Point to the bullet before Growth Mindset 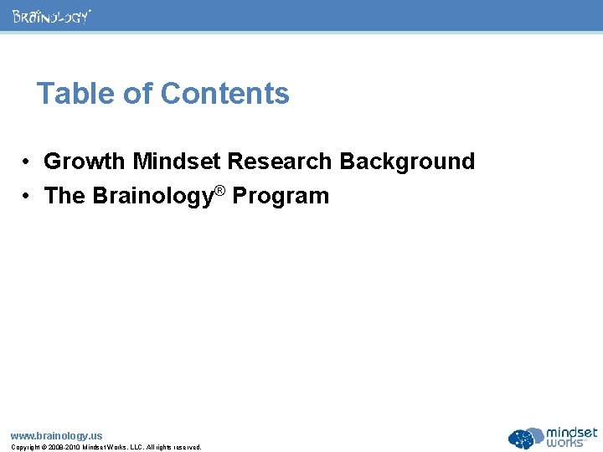[x=28, y=162]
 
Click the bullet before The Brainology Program [x=28, y=197]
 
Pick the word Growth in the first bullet [x=85, y=161]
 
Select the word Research [x=283, y=161]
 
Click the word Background [x=407, y=161]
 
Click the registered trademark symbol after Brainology [x=219, y=191]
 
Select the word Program [x=281, y=197]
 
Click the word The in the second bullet [x=64, y=196]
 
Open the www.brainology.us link [x=56, y=435]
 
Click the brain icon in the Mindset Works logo [x=525, y=439]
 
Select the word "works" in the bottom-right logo [x=571, y=443]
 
